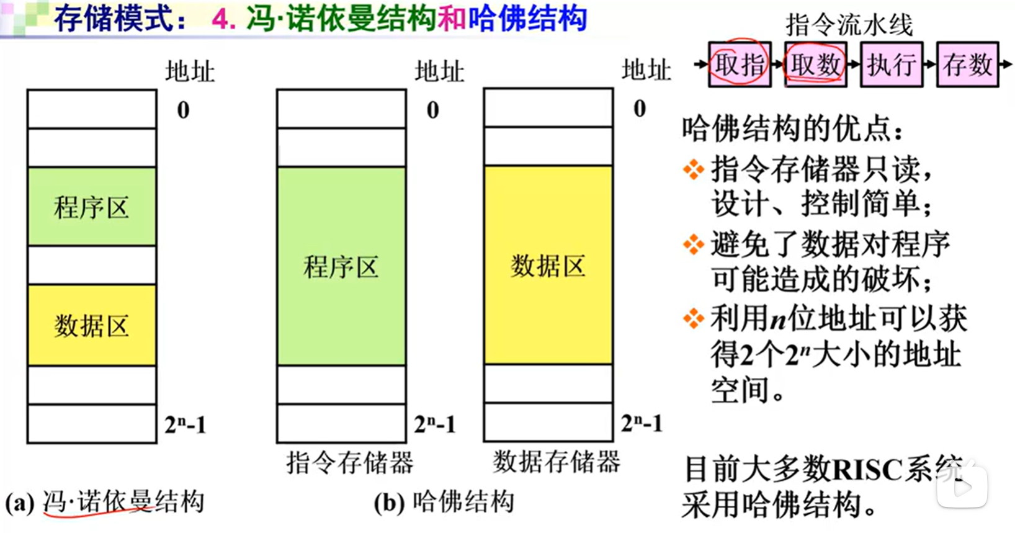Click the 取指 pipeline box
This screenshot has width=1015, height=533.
click(x=740, y=64)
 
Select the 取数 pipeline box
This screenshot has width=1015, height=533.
click(x=816, y=64)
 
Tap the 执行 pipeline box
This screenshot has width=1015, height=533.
click(x=892, y=64)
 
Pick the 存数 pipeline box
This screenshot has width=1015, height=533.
click(x=967, y=64)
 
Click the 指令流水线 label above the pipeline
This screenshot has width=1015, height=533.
click(x=849, y=25)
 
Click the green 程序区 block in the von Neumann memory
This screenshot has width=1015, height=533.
click(x=91, y=207)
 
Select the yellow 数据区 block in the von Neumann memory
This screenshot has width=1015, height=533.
click(x=91, y=325)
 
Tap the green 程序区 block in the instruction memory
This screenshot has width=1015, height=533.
click(x=341, y=266)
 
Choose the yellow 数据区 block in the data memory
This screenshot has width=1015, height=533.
click(x=548, y=265)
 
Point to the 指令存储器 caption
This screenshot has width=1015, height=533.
click(x=350, y=462)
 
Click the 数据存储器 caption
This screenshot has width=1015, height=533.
click(x=557, y=462)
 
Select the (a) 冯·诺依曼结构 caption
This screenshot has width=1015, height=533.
click(x=105, y=502)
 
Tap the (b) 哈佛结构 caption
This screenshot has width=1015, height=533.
click(x=444, y=502)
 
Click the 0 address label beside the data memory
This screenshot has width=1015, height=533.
click(x=640, y=109)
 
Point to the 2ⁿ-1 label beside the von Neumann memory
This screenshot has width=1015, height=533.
click(x=185, y=425)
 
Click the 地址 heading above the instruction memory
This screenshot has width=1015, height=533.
click(x=439, y=71)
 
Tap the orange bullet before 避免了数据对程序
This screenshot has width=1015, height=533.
click(x=693, y=244)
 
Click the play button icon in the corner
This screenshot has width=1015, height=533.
click(x=962, y=486)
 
